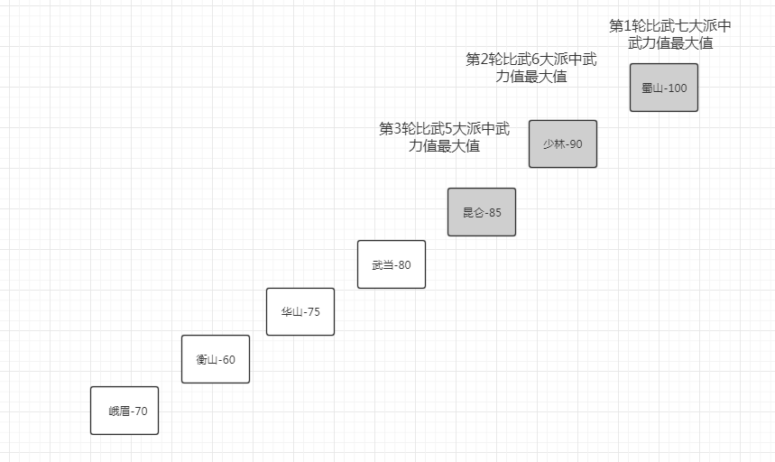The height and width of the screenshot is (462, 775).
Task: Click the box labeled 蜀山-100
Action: point(664,88)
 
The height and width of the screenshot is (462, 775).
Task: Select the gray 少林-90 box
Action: point(563,144)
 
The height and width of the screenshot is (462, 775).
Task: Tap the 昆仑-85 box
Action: point(482,212)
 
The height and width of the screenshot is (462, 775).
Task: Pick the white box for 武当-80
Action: point(392,264)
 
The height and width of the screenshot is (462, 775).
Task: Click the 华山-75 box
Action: point(300,311)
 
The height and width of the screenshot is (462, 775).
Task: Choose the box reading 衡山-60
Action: point(216,359)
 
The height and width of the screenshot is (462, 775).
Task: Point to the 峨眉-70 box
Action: point(125,411)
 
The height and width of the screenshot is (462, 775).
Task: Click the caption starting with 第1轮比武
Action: point(670,34)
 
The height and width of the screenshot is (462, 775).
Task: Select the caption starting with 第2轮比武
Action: point(531,68)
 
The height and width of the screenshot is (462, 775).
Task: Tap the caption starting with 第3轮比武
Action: point(444,137)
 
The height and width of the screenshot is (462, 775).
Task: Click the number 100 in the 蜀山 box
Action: point(676,88)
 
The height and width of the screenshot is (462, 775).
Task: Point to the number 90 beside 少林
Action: point(576,144)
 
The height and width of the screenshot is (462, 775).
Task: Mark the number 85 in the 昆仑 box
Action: point(494,213)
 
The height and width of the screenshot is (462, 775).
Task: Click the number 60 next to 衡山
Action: point(228,360)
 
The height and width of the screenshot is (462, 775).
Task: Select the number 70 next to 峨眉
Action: point(140,411)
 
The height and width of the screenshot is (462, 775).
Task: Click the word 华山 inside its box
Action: point(291,312)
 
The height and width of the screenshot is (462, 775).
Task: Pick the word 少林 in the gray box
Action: point(553,144)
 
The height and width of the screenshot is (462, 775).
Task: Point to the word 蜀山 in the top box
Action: point(651,88)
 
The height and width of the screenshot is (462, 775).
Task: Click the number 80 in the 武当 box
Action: point(404,265)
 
